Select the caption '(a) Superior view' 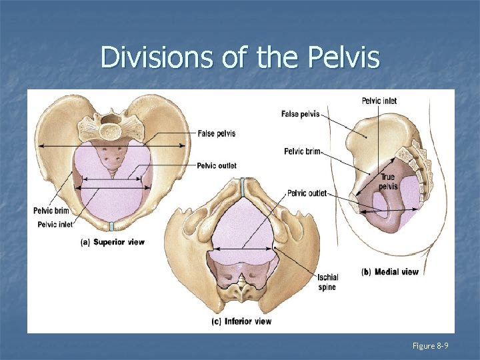click(x=113, y=242)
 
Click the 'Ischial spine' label click(x=327, y=282)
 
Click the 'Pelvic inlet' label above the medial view click(x=379, y=101)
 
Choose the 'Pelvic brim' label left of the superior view click(x=51, y=211)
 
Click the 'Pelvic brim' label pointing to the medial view click(x=302, y=151)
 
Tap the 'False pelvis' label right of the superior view click(x=217, y=133)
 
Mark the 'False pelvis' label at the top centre click(x=300, y=114)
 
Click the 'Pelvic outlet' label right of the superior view click(x=217, y=165)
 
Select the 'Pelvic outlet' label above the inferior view click(x=307, y=193)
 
